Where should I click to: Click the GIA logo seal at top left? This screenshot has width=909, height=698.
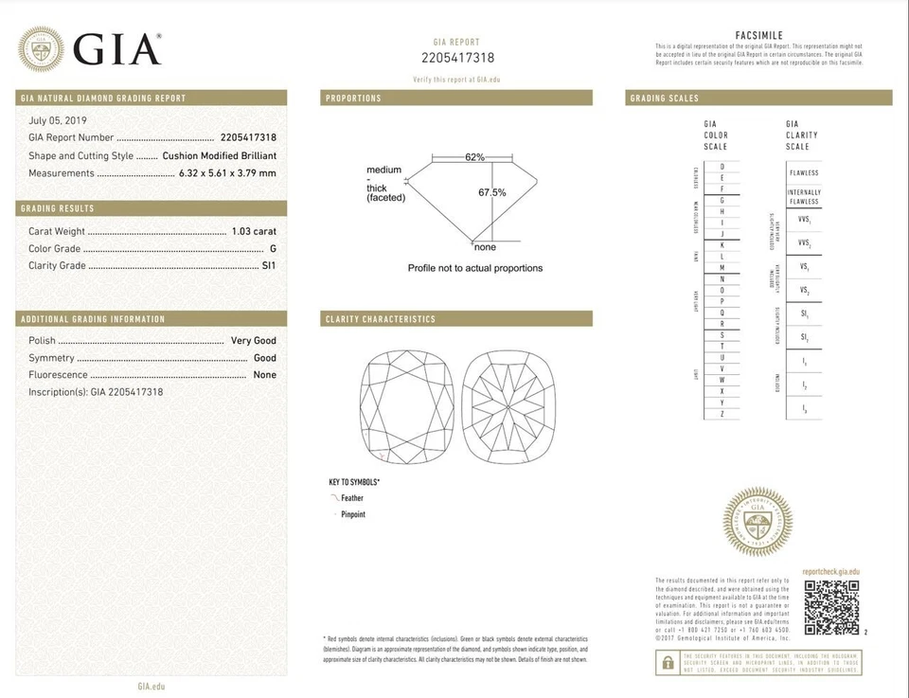coord(42,47)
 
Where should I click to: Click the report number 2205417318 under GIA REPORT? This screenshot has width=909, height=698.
coord(457,59)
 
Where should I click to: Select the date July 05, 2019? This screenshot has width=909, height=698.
coord(58,120)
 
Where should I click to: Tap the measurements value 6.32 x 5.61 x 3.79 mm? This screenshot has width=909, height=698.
coord(227,173)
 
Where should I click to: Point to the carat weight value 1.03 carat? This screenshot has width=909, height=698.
coord(254,231)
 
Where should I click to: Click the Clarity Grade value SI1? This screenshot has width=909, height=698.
coord(269,266)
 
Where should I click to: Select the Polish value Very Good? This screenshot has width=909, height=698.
coord(254,340)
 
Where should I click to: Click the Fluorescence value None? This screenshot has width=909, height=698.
coord(265,375)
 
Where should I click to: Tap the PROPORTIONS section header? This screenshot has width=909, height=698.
coord(353,98)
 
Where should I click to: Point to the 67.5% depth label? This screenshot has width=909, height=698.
coord(491,192)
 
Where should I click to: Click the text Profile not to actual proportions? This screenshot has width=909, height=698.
coord(475,268)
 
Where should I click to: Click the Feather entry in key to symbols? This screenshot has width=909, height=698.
coord(350,498)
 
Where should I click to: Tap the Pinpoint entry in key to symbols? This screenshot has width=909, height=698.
coord(352,514)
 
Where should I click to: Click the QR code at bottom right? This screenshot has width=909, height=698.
coord(831,607)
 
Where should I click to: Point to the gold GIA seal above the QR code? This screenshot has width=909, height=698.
coord(757,522)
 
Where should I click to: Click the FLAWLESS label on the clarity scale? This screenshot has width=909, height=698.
coord(804,173)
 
